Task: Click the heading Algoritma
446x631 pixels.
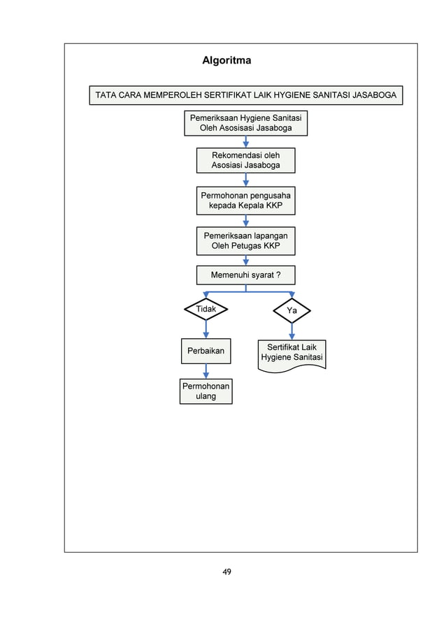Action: [x=226, y=61]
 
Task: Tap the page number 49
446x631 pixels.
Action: [x=226, y=572]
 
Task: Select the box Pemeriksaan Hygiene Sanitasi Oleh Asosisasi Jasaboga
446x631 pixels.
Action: [x=245, y=123]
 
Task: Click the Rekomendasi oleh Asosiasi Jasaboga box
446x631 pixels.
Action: [x=245, y=160]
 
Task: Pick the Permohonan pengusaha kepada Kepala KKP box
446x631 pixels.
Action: [x=245, y=201]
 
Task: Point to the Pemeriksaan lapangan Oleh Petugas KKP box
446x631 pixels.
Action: [x=245, y=241]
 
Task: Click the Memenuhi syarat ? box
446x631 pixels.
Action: [x=245, y=275]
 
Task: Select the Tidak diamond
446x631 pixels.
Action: [x=206, y=309]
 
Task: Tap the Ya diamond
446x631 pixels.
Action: [x=292, y=310]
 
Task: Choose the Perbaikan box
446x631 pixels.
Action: [x=206, y=351]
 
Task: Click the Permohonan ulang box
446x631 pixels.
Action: [x=206, y=391]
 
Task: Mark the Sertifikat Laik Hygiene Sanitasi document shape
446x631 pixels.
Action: [x=292, y=353]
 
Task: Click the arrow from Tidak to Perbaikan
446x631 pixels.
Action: [x=206, y=329]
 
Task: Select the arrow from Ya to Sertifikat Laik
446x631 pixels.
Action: [x=292, y=331]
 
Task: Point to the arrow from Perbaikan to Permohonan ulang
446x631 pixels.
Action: [x=206, y=371]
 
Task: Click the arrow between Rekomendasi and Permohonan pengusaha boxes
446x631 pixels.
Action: [x=245, y=179]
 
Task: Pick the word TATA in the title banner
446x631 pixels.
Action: [x=107, y=95]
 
